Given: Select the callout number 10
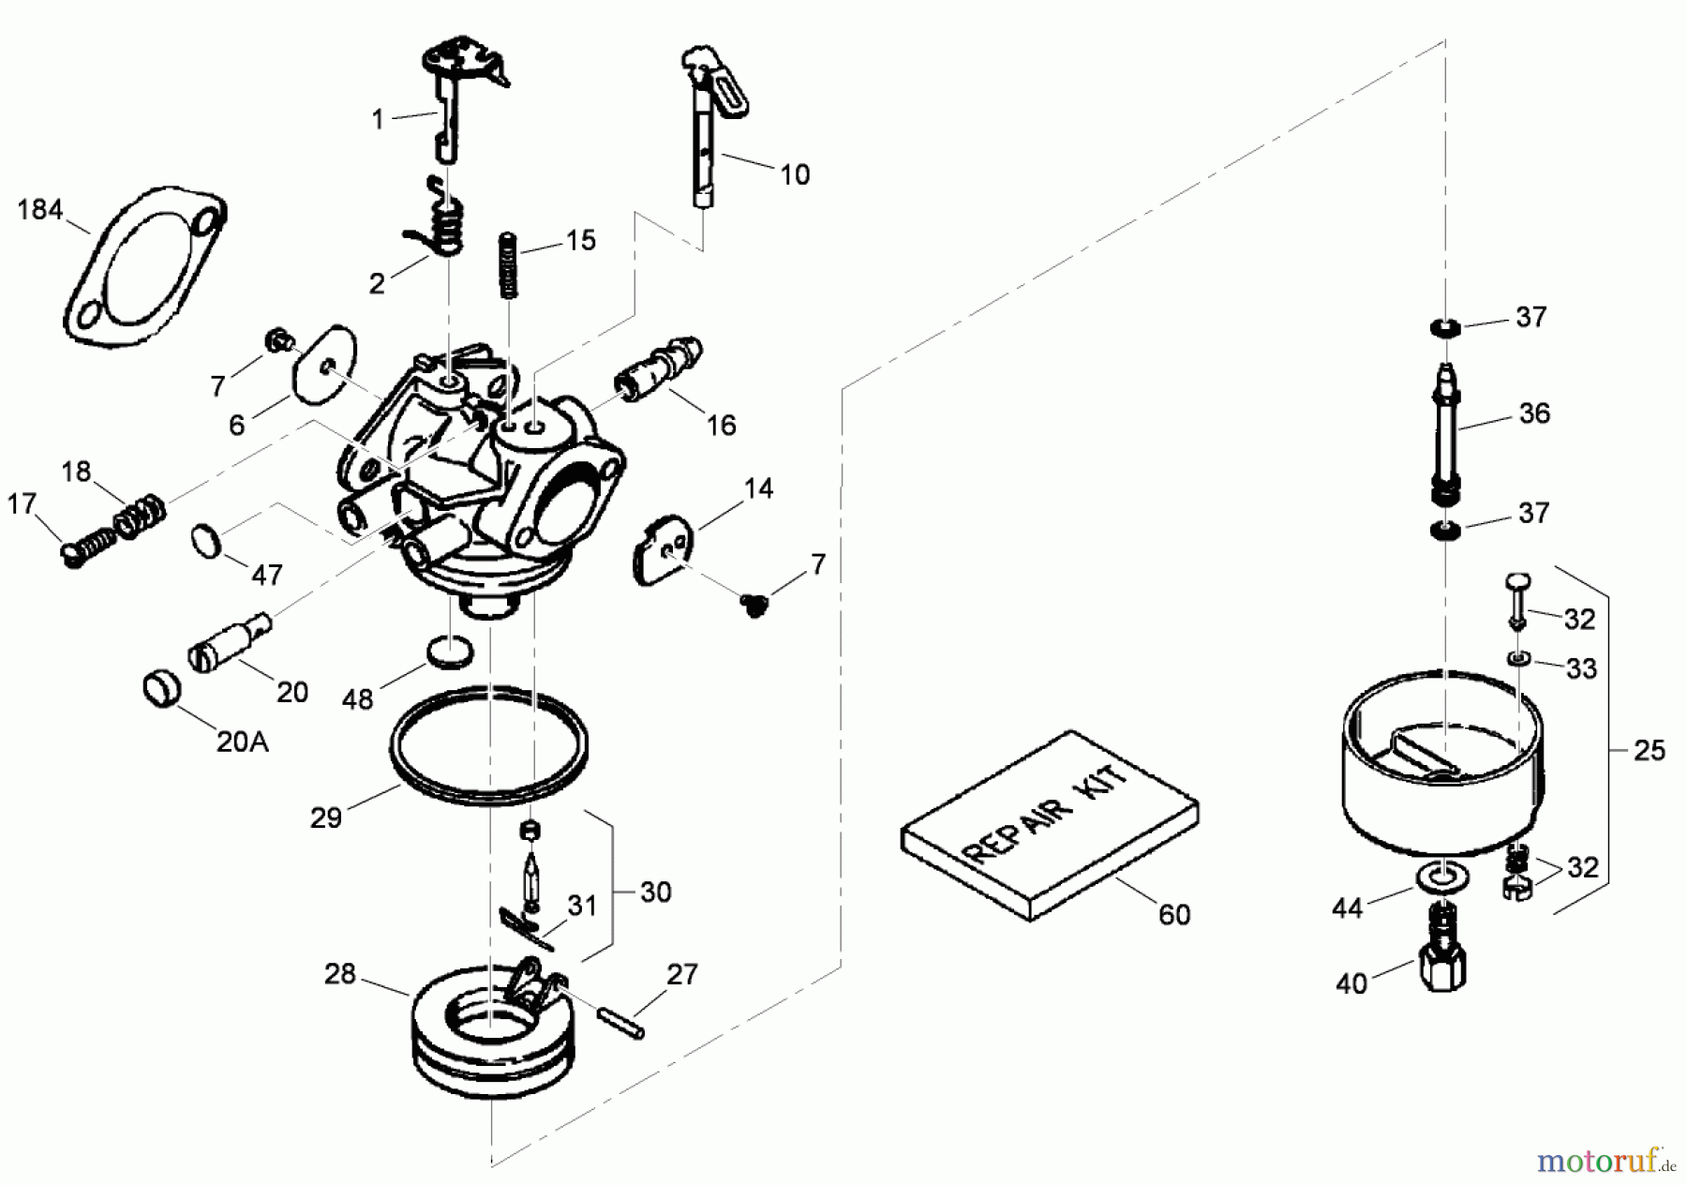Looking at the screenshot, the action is tap(795, 175).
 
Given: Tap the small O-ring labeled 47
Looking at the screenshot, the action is tap(208, 542).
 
